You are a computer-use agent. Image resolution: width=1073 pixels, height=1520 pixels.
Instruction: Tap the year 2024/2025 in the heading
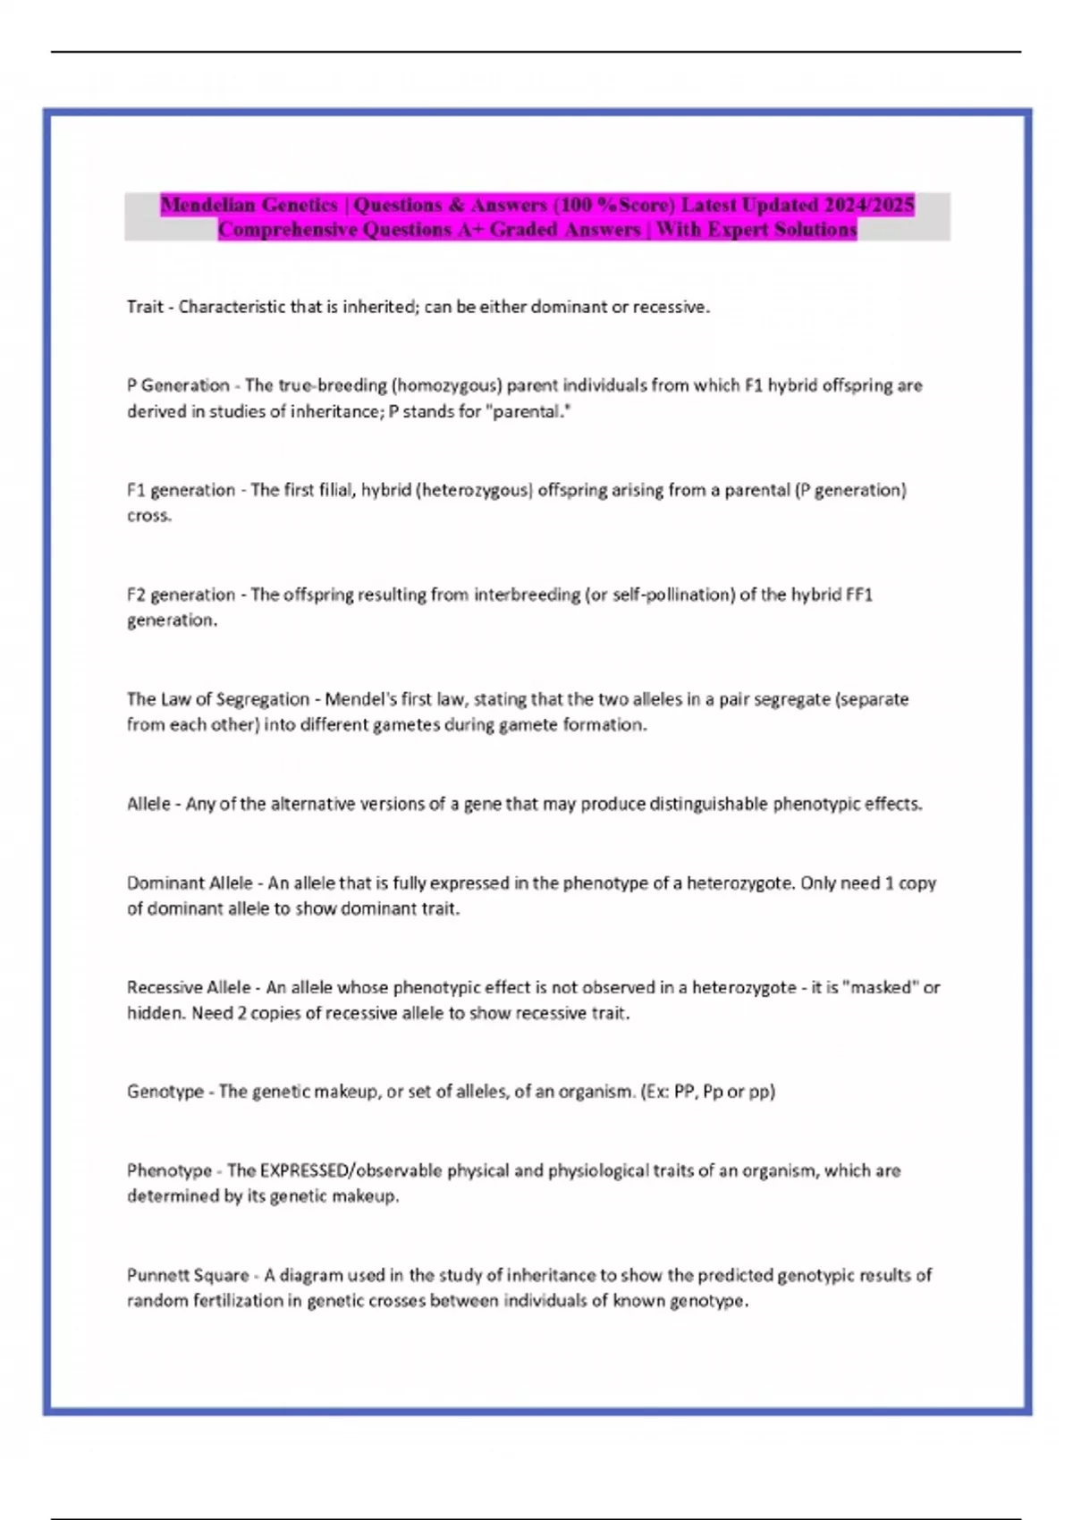pos(868,205)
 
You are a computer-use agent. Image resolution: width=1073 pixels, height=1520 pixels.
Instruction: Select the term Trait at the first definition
pos(145,308)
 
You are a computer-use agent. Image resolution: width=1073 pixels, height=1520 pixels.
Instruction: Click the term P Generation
pos(178,385)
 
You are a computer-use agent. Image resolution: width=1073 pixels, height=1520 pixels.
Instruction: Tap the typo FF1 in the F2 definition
pos(858,595)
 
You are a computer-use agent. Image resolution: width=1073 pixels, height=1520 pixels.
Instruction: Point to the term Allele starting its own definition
pos(148,804)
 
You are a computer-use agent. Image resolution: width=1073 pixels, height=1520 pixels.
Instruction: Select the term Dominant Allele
pos(190,883)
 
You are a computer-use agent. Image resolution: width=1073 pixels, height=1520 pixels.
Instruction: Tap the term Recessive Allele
pos(189,988)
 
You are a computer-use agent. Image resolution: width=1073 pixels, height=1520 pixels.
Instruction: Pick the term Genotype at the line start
pos(165,1092)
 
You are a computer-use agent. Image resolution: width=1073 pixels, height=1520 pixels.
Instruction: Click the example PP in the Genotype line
pos(684,1092)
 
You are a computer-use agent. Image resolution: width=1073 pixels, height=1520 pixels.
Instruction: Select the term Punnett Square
pos(188,1275)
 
